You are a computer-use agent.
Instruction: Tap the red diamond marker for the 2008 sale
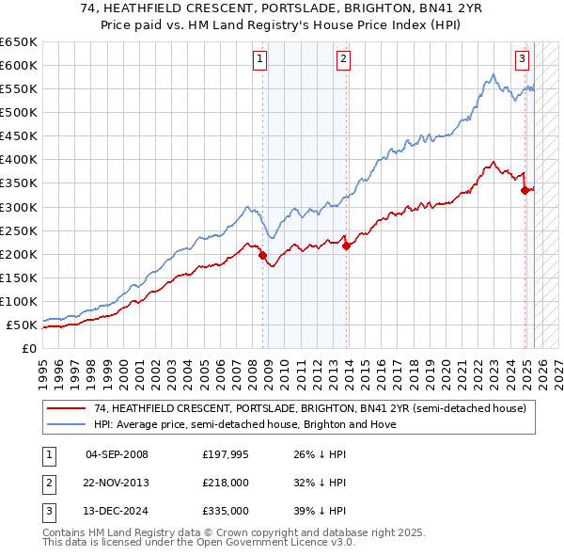(x=262, y=255)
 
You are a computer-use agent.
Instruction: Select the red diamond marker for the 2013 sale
(x=346, y=246)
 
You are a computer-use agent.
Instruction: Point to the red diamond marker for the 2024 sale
(x=525, y=190)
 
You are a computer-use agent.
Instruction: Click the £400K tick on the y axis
(x=18, y=159)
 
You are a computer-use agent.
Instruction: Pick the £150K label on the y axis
(x=18, y=277)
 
